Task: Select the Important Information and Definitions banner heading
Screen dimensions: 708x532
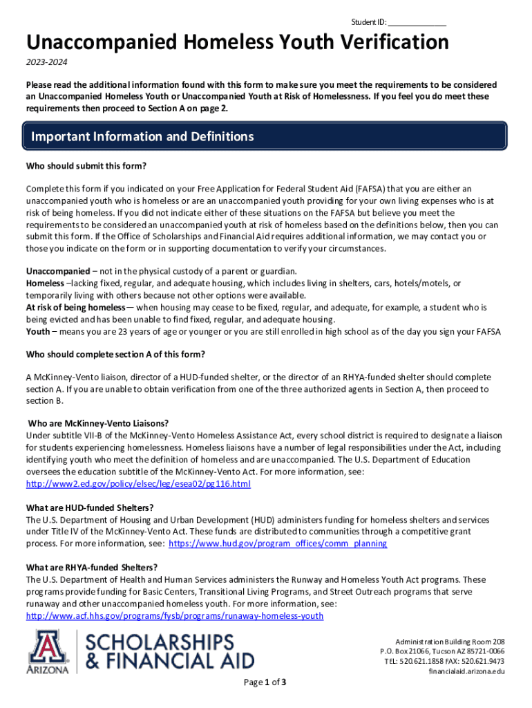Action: point(142,137)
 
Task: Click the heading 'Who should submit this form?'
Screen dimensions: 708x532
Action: point(86,166)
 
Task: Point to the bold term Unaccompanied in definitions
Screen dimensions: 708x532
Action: point(58,271)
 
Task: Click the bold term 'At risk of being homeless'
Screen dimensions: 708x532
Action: point(76,307)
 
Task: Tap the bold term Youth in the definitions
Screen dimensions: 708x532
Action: point(38,332)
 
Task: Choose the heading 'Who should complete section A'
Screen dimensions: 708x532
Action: point(115,355)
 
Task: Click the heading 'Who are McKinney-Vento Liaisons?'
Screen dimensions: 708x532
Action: point(98,423)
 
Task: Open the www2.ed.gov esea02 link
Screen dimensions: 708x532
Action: point(138,484)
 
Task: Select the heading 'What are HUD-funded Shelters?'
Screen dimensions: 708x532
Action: point(90,508)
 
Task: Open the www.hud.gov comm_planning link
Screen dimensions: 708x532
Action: point(278,543)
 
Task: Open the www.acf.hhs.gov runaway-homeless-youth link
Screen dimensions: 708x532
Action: point(174,615)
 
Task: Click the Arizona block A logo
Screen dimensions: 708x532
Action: point(48,650)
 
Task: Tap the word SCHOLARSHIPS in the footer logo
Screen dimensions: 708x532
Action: point(160,642)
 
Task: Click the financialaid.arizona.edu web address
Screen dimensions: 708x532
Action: point(466,671)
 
